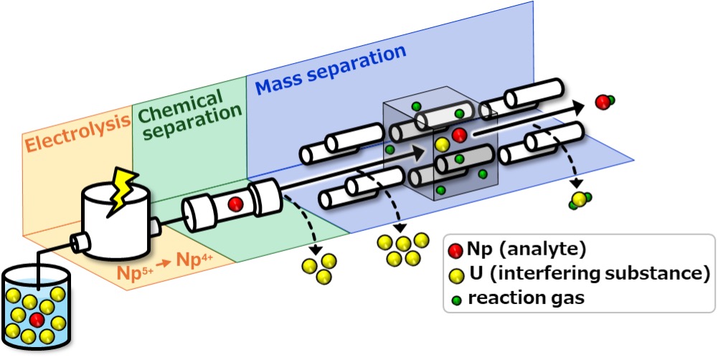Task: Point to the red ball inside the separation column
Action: pos(234,204)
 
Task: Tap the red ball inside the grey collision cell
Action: pos(460,134)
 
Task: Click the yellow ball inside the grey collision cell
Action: pos(443,146)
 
